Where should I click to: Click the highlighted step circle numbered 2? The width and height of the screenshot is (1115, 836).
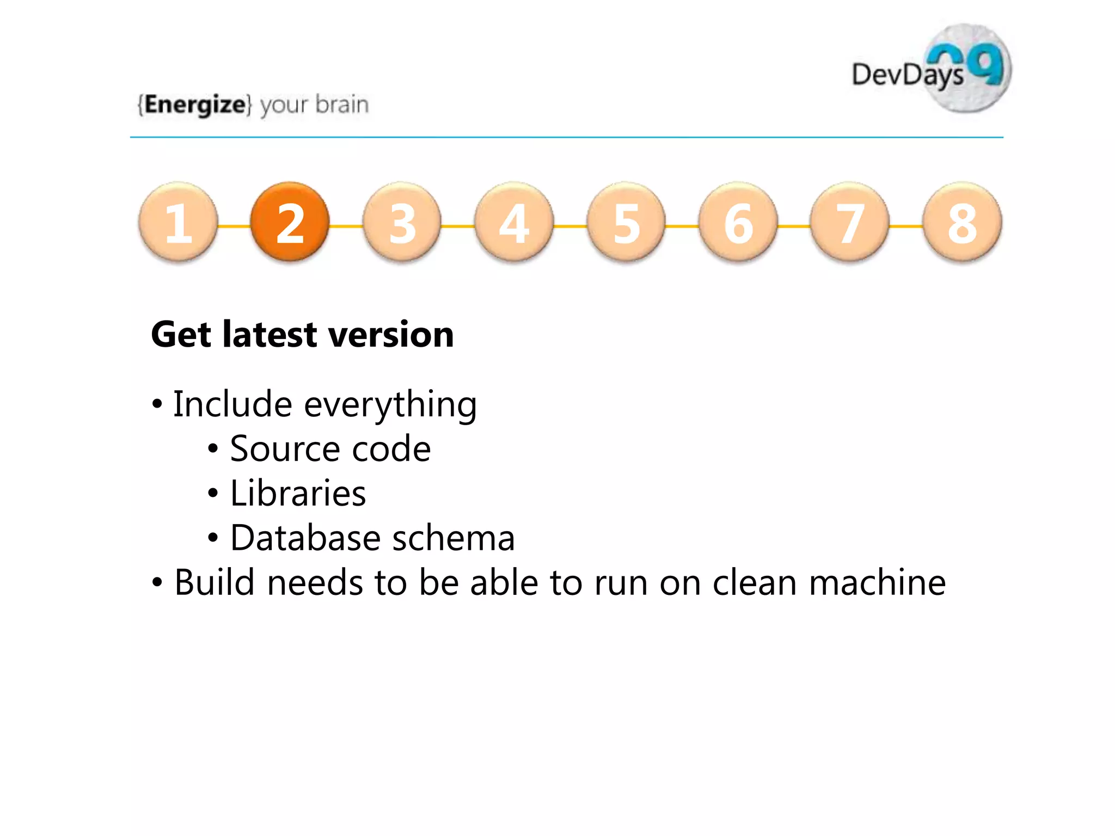(290, 222)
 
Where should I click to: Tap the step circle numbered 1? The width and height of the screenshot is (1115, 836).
(178, 222)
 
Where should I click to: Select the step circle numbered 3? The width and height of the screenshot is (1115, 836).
(402, 222)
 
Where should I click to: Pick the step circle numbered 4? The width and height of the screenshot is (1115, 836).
(514, 222)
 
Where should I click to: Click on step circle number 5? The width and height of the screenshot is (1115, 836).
(626, 222)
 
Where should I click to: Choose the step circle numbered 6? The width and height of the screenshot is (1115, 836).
(738, 222)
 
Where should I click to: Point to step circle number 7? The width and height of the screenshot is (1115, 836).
(850, 222)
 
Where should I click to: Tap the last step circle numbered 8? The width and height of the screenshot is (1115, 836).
(962, 222)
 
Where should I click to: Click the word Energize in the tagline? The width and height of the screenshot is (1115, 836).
(195, 104)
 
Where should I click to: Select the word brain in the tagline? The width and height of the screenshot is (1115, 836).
(342, 104)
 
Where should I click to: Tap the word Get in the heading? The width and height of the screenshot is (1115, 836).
(181, 335)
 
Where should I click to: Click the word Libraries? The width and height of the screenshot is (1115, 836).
(298, 494)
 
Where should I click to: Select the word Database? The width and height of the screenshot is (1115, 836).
(305, 538)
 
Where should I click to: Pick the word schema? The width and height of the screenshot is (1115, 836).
(453, 538)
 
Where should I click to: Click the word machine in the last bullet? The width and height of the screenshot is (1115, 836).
(877, 583)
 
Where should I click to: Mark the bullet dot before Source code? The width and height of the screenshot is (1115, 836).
(213, 450)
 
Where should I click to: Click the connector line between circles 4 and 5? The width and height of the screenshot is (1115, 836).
(570, 226)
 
